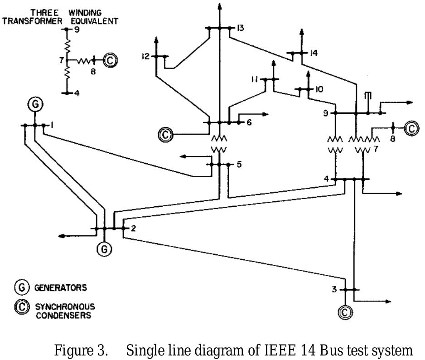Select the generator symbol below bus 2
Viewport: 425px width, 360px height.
pyautogui.click(x=104, y=248)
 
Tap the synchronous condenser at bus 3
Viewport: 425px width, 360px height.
pyautogui.click(x=345, y=311)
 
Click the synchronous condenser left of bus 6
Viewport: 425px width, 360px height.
pyautogui.click(x=166, y=134)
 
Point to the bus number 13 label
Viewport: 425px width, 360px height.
pyautogui.click(x=240, y=28)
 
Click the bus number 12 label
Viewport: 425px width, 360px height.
pyautogui.click(x=145, y=57)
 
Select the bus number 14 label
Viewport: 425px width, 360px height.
pyautogui.click(x=314, y=53)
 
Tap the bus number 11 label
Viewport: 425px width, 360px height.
pyautogui.click(x=255, y=79)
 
